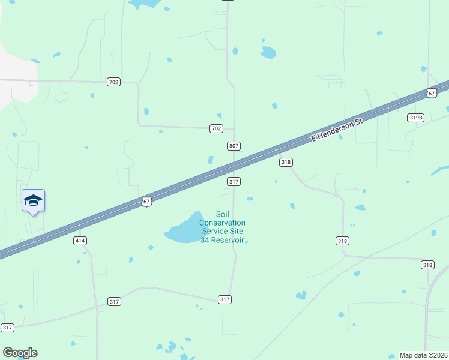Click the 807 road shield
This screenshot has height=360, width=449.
234,146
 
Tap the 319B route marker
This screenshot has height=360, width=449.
415,118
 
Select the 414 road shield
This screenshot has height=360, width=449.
80,241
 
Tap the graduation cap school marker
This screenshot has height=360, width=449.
33,200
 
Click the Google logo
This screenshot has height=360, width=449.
20,353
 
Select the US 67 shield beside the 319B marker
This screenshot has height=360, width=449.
432,92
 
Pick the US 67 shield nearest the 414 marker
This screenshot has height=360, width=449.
146,202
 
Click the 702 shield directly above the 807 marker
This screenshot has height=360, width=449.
217,128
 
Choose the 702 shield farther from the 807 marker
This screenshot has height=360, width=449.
113,82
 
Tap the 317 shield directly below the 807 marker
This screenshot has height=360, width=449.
234,181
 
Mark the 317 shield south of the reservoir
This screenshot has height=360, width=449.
224,299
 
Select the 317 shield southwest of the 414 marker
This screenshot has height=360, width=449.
7,328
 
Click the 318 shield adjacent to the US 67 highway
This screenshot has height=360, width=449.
286,162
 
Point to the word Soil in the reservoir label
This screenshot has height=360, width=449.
223,214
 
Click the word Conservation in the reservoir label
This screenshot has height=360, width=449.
222,223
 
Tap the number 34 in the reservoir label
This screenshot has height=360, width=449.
205,240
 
